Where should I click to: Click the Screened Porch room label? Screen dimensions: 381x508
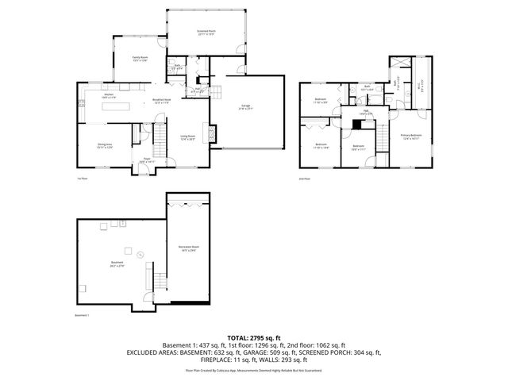coord(206,32)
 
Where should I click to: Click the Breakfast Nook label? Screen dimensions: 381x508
coord(163,101)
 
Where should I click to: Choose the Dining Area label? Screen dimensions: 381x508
coord(105,146)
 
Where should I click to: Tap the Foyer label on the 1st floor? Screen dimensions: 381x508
coord(147,160)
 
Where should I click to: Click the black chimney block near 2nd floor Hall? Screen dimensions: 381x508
coord(345,121)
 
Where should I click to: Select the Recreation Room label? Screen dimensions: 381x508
coord(189,248)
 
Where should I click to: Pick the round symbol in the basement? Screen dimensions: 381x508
coord(140,255)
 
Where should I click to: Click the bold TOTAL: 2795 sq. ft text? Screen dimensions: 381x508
coord(254,338)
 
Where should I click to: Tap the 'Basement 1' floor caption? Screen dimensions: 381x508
coord(82,316)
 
